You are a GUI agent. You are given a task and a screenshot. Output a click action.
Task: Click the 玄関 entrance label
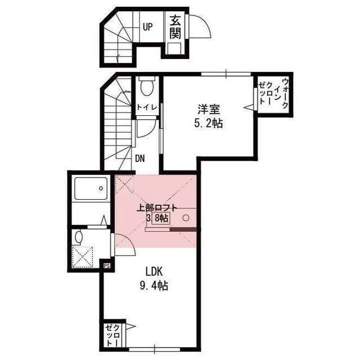tap(175, 28)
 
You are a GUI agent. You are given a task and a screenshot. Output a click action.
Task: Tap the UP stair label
tap(147, 27)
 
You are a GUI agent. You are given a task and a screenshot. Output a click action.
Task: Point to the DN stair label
tap(140, 159)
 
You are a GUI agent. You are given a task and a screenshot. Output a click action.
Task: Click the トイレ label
tap(147, 107)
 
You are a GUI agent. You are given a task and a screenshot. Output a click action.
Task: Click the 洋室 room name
tap(209, 109)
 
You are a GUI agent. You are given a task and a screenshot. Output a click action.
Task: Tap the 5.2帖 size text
tap(209, 124)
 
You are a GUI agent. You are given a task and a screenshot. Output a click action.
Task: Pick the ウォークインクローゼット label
tap(273, 94)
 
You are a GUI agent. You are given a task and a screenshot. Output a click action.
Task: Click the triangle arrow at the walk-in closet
tap(249, 107)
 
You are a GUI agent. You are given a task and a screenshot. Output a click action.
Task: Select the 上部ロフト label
tap(157, 208)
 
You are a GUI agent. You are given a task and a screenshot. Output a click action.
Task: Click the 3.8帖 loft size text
tap(157, 218)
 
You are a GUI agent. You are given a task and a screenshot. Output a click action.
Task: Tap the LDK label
tap(154, 272)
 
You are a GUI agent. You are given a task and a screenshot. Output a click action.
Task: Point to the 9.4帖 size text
tap(154, 286)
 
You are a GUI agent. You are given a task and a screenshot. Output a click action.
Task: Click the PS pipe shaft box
tap(107, 266)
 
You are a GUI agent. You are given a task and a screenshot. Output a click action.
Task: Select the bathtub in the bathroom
tap(91, 188)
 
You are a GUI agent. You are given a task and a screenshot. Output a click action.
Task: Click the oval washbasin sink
tap(79, 237)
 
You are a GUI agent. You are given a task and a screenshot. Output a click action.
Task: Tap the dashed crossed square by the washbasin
tap(83, 257)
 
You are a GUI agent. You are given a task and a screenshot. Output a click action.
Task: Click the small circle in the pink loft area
tap(186, 218)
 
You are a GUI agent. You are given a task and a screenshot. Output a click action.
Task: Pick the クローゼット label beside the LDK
tap(112, 335)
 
